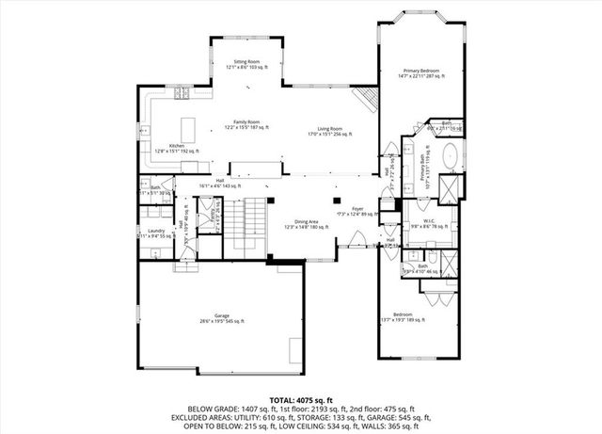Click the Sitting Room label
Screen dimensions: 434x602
coord(246,65)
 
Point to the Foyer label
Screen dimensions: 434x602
coord(357,211)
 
